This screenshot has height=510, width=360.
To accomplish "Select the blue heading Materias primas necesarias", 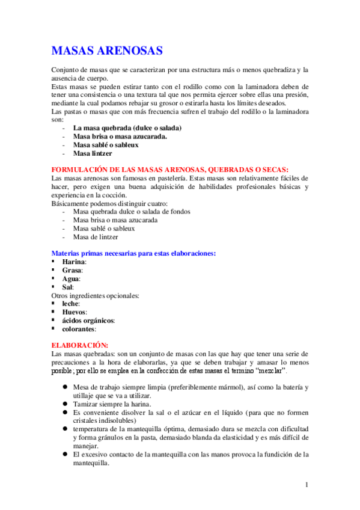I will pyautogui.click(x=134, y=253).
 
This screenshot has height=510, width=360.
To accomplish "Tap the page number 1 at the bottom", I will pyautogui.click(x=307, y=484).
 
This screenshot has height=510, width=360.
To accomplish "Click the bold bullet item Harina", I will pyautogui.click(x=74, y=262).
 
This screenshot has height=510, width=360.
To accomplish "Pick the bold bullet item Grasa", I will pyautogui.click(x=72, y=270).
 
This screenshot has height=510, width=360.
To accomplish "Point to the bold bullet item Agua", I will pyautogui.click(x=71, y=278).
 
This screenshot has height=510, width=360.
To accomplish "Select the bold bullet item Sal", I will pyautogui.click(x=67, y=287).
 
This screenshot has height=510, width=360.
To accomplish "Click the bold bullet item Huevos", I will pyautogui.click(x=74, y=312).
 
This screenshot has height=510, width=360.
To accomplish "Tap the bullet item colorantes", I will pyautogui.click(x=79, y=329).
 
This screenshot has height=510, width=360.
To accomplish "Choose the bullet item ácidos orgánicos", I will pyautogui.click(x=88, y=321).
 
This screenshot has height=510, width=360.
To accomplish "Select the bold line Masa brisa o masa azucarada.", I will pyautogui.click(x=120, y=137).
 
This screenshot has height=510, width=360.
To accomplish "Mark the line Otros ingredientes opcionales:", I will pyautogui.click(x=96, y=295).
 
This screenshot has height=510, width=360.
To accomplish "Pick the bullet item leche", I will pyautogui.click(x=70, y=304).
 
